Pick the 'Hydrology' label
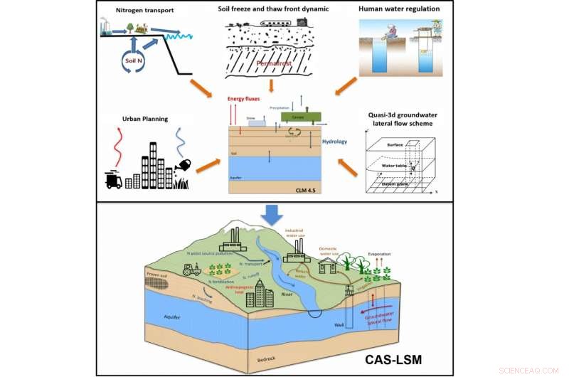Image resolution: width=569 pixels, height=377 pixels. [x=334, y=142]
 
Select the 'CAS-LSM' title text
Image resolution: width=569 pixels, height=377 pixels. [x=405, y=359]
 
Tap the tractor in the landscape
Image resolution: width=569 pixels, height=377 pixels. [x=191, y=270]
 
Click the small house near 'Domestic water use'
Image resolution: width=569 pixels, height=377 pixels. [x=328, y=266]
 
